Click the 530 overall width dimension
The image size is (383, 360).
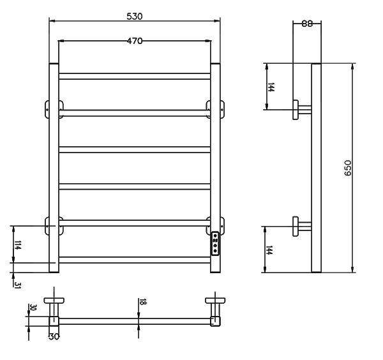(x=134, y=17)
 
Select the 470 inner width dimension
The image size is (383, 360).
(x=134, y=41)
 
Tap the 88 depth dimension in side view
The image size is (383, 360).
(x=307, y=24)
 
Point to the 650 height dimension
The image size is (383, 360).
(x=347, y=168)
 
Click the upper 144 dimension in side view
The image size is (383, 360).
(x=271, y=87)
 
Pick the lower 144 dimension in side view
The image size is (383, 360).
(x=269, y=250)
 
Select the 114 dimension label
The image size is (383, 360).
(x=18, y=245)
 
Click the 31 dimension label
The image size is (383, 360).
(x=17, y=285)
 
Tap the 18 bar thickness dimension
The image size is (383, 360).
(x=143, y=302)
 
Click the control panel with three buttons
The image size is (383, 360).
(x=215, y=243)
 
